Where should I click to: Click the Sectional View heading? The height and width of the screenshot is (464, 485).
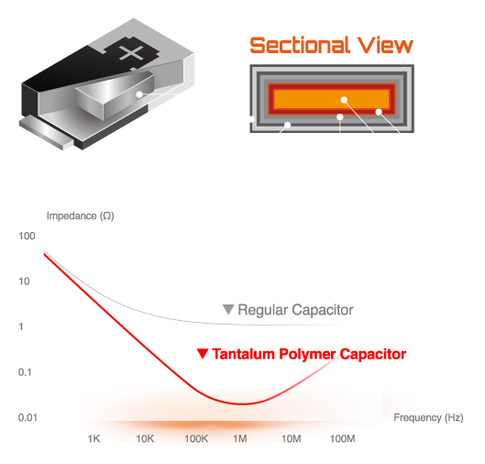point(331,45)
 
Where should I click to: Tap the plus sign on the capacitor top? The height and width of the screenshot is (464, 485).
point(131,53)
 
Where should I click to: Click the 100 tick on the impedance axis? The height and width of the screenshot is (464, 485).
point(27,236)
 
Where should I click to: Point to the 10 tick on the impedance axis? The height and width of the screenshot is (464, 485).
point(24,282)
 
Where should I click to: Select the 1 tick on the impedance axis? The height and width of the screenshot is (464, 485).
point(21,326)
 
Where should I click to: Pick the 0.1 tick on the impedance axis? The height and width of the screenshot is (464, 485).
point(25,372)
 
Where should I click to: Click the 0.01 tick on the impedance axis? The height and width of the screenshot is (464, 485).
point(28,417)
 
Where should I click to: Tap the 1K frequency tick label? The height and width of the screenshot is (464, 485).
point(94,438)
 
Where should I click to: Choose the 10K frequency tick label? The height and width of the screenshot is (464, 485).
point(145,438)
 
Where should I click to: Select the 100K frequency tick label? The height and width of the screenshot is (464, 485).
point(196,438)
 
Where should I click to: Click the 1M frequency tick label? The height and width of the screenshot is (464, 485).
point(240,438)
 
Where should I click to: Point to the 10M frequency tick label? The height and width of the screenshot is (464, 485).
point(291,438)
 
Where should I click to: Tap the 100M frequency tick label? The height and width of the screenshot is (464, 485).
point(342,438)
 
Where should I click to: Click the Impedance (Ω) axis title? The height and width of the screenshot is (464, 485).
point(81,215)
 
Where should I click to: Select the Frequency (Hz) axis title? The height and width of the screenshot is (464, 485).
point(428,417)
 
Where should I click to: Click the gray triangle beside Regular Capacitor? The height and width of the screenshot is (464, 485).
point(228,309)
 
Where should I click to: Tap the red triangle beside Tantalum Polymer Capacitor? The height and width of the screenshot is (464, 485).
point(203,354)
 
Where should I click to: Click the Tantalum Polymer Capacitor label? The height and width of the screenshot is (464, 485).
point(309,354)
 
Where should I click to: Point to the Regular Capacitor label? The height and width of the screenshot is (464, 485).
point(295,310)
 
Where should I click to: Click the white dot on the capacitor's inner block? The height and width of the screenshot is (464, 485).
point(139,94)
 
